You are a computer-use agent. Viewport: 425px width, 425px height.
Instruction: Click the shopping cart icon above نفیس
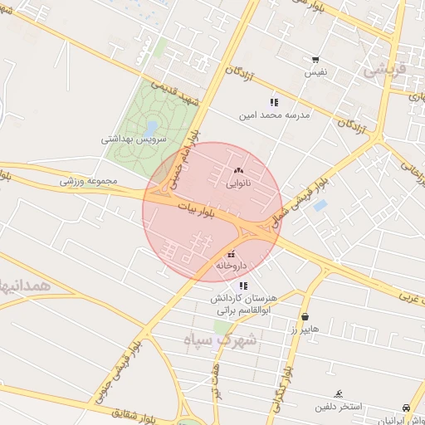tap(315, 60)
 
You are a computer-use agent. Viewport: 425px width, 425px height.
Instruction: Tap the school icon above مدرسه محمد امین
tap(274, 102)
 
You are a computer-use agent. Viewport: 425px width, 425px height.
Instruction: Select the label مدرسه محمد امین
tap(275, 115)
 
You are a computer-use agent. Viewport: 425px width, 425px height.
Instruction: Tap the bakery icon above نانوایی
tap(238, 170)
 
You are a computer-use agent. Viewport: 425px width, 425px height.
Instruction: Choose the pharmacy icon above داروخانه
tap(232, 253)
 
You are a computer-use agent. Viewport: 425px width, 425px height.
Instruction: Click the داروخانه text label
tap(232, 266)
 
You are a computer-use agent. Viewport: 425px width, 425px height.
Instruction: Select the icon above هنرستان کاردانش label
tap(243, 286)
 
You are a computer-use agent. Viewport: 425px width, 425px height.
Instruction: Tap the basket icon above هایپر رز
tap(305, 316)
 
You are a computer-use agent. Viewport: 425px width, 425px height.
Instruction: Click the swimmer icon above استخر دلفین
tap(339, 393)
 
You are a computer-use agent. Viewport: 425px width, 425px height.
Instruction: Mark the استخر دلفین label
tap(338, 407)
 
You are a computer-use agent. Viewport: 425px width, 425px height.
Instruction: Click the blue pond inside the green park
tap(150, 128)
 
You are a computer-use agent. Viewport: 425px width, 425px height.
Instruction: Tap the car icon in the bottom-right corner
tap(405, 408)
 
